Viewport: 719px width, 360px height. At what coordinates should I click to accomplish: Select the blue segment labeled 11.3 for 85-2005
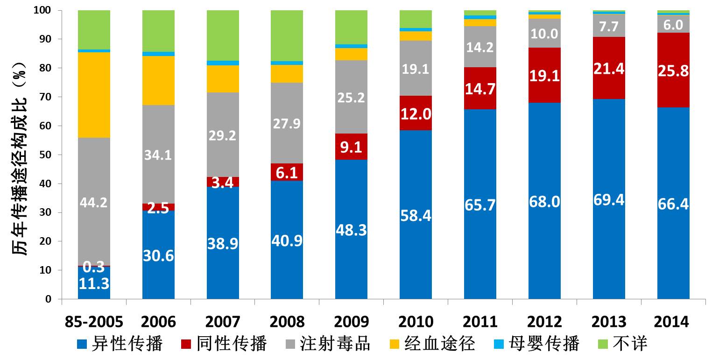(x=94, y=282)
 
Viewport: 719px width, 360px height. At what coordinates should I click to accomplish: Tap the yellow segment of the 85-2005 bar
(x=94, y=95)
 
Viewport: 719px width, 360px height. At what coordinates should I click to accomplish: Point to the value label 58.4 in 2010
(x=416, y=216)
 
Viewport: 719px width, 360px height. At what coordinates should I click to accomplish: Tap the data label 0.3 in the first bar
(x=94, y=268)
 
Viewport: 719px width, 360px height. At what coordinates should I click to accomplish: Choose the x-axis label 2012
(x=544, y=322)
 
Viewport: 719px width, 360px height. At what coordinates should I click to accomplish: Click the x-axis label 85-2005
(x=94, y=322)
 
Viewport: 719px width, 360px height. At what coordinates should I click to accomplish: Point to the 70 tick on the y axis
(x=50, y=97)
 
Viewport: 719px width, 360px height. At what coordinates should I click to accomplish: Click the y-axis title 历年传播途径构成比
(x=21, y=155)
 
